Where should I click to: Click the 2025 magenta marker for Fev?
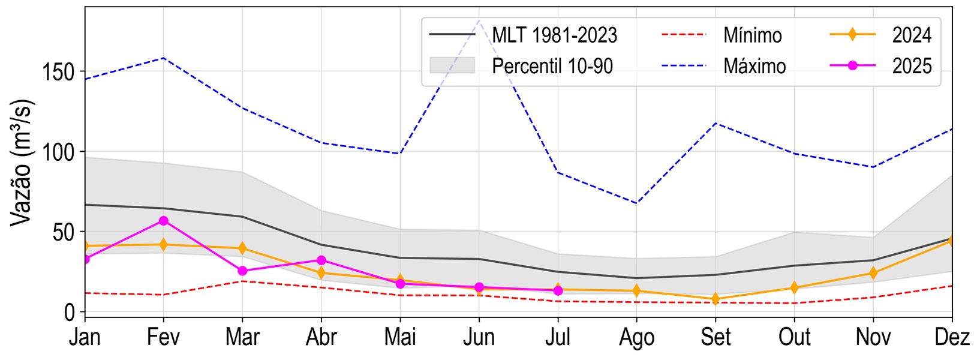[163, 221]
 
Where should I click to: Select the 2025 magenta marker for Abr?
[321, 260]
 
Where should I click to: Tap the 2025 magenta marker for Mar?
[242, 271]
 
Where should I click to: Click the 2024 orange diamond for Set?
[716, 299]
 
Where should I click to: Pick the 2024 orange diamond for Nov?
[873, 273]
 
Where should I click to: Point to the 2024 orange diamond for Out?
[794, 288]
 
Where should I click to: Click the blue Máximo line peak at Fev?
[163, 58]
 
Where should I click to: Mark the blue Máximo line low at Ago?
[636, 203]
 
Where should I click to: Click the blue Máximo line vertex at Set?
[716, 123]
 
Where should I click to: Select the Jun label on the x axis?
[479, 338]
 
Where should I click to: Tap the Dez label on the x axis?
[952, 338]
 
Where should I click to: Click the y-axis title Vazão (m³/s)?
[23, 162]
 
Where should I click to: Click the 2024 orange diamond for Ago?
[636, 291]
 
